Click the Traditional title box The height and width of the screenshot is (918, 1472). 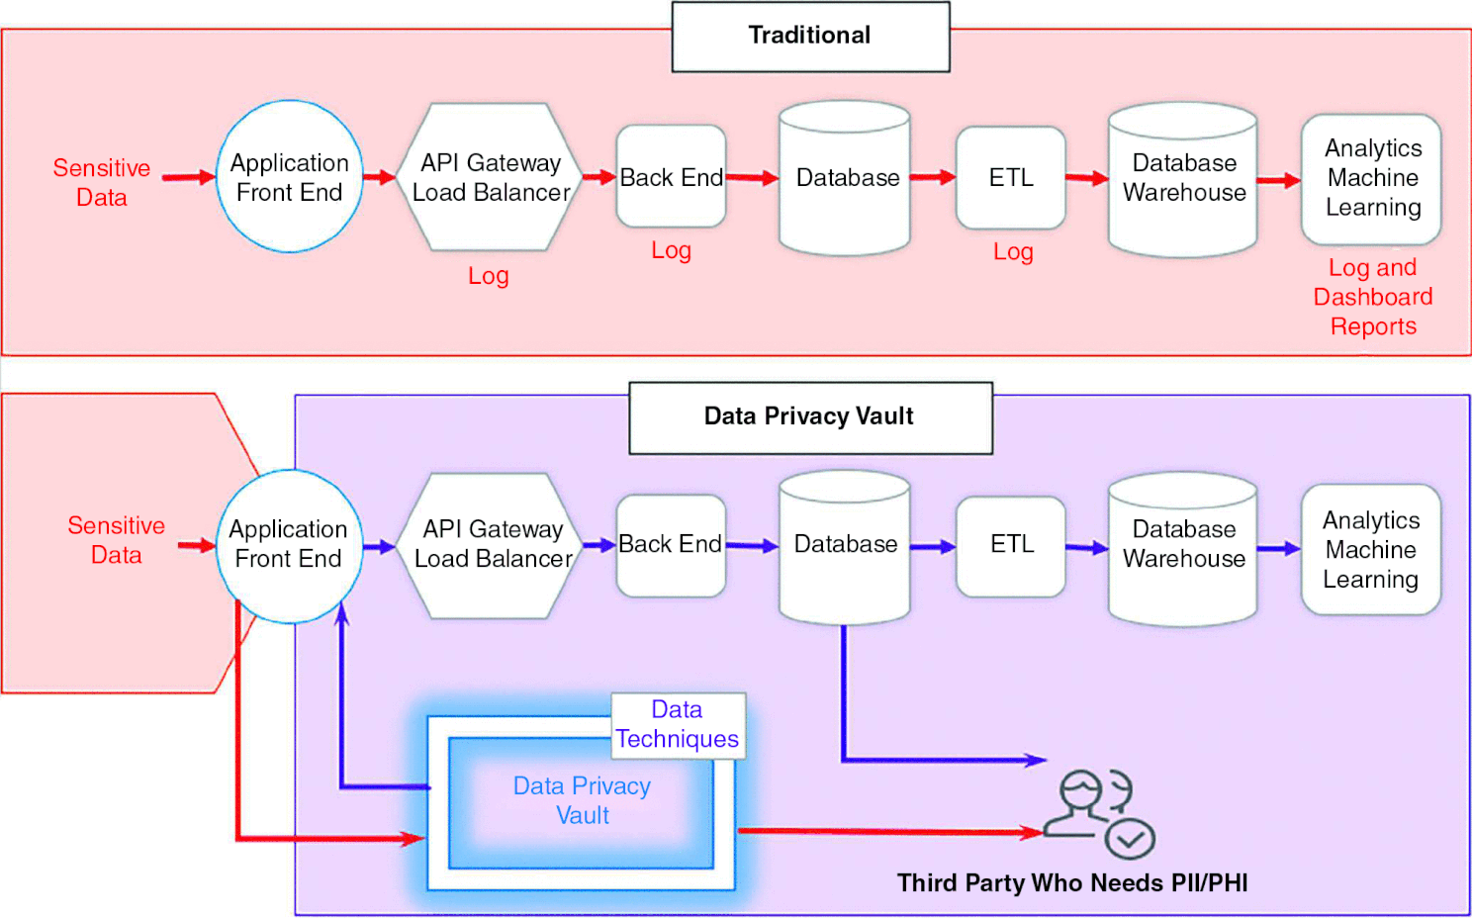pyautogui.click(x=810, y=37)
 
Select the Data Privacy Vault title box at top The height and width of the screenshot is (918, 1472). pyautogui.click(x=810, y=417)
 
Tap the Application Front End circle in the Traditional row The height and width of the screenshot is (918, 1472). pyautogui.click(x=289, y=177)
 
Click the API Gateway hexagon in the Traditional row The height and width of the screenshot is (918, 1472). pyautogui.click(x=491, y=177)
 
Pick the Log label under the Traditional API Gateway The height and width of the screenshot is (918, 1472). pyautogui.click(x=489, y=276)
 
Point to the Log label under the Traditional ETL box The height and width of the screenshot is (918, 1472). pyautogui.click(x=1013, y=252)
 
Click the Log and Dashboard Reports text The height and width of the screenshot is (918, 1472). pyautogui.click(x=1372, y=297)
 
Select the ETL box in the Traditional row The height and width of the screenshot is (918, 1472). pyautogui.click(x=1011, y=178)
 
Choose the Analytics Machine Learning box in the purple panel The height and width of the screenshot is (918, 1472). pyautogui.click(x=1371, y=549)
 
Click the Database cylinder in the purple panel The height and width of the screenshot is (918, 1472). pyautogui.click(x=845, y=545)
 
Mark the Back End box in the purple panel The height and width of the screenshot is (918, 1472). pyautogui.click(x=671, y=545)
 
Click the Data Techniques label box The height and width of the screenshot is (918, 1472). pyautogui.click(x=678, y=725)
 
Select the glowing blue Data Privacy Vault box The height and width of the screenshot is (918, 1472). pyautogui.click(x=582, y=801)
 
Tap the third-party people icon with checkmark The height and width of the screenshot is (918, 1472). pyautogui.click(x=1099, y=811)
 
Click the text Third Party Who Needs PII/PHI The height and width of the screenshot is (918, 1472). pyautogui.click(x=1072, y=883)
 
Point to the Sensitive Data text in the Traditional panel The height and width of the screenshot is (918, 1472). pyautogui.click(x=102, y=183)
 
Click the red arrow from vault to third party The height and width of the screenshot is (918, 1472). pyautogui.click(x=890, y=832)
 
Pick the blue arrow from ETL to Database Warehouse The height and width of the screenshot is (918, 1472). pyautogui.click(x=1086, y=547)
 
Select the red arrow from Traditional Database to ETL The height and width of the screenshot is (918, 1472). pyautogui.click(x=932, y=178)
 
